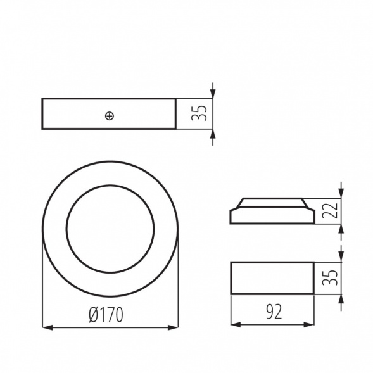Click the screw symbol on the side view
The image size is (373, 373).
pos(110,115)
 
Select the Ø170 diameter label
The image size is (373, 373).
pos(105,313)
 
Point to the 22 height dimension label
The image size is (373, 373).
pos(328,210)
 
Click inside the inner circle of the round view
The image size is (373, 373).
pos(110,229)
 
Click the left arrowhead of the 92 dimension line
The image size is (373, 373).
pos(235,324)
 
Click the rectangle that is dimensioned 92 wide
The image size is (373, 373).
pos(272,277)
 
